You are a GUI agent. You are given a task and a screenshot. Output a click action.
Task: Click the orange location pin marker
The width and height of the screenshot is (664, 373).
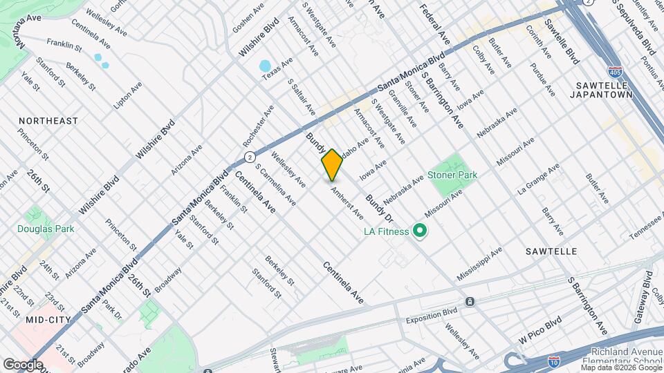pos(332,165)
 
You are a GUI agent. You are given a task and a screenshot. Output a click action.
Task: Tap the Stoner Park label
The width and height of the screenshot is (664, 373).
pos(452,175)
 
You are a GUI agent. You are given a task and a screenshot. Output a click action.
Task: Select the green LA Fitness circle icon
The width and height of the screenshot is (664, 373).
pos(419,231)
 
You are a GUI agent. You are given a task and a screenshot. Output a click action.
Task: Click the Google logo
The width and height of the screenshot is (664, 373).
pos(23,364)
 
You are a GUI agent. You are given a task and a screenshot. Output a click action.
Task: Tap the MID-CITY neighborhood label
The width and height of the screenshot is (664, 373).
pos(45,320)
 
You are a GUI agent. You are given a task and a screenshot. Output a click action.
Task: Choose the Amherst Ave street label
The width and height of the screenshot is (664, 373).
pos(347,202)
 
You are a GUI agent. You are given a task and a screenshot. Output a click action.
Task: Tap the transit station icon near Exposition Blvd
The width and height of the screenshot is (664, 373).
pos(470,302)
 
